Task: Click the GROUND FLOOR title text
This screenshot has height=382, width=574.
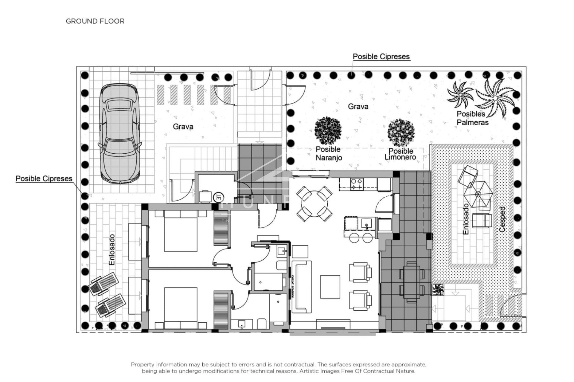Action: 95,21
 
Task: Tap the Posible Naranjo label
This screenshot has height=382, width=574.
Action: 329,153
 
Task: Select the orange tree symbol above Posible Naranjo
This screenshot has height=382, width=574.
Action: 328,131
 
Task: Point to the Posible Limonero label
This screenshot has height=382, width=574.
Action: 400,154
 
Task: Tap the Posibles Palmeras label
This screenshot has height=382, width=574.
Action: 472,118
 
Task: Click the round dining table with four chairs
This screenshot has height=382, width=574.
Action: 314,204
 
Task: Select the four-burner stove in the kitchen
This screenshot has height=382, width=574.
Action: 357,184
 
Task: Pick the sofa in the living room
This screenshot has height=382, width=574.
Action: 302,287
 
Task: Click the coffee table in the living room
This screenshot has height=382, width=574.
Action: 330,287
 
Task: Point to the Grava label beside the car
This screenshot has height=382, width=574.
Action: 183,127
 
